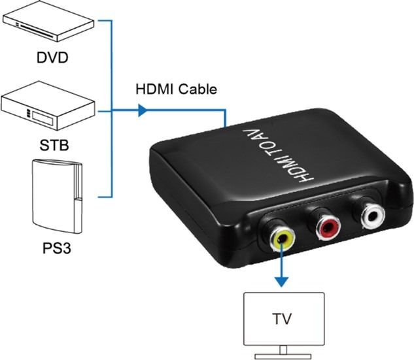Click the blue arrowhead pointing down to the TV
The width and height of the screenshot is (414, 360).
[x=281, y=282]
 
